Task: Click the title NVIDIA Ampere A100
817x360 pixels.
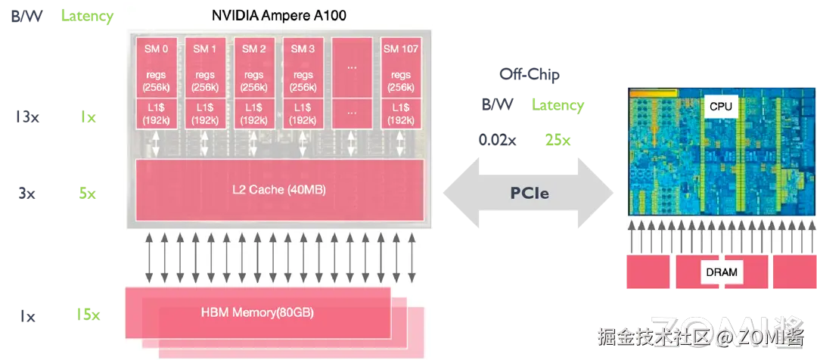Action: tap(278, 15)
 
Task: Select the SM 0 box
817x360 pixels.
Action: tap(156, 67)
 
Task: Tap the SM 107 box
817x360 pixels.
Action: tap(401, 67)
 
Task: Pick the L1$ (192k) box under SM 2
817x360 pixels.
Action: tap(253, 114)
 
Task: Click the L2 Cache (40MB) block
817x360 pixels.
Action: tap(280, 190)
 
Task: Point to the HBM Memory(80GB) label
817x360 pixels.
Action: tap(257, 313)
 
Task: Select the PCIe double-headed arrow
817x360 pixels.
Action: tap(528, 194)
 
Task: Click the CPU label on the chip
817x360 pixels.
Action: tap(721, 107)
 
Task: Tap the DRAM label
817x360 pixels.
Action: tap(722, 272)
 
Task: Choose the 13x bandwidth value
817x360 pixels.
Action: tap(27, 116)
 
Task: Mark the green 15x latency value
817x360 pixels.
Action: tap(86, 315)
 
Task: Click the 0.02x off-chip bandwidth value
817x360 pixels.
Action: tap(498, 140)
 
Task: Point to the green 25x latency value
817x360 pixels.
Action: tap(558, 140)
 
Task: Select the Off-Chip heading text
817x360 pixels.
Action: tap(530, 74)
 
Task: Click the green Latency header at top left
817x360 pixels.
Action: tap(87, 16)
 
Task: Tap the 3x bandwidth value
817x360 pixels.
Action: tap(26, 194)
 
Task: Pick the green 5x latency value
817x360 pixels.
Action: tap(87, 194)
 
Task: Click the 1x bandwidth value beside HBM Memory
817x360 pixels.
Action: tap(26, 316)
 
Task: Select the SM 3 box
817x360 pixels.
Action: tap(303, 67)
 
